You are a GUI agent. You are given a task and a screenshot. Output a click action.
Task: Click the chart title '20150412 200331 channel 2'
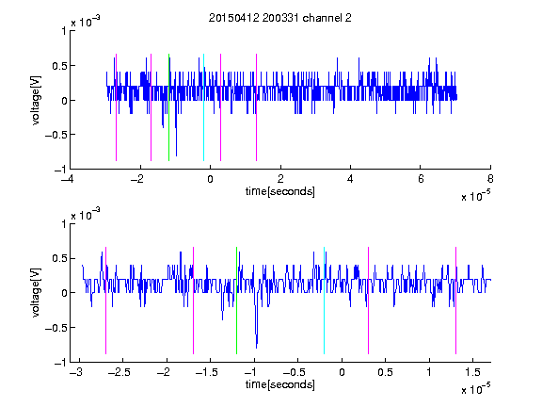(280, 18)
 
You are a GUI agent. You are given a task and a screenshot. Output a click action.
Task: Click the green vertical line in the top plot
(168, 107)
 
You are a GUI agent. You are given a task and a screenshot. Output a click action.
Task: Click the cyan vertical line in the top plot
(203, 107)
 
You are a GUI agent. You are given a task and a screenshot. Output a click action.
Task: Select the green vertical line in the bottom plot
(237, 301)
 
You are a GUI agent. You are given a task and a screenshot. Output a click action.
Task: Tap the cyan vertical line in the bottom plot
(325, 301)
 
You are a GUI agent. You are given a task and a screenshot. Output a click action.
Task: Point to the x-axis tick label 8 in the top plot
(490, 179)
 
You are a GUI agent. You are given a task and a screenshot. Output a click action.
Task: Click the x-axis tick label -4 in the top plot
(67, 179)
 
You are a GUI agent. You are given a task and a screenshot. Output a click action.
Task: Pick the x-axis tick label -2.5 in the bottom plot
(120, 372)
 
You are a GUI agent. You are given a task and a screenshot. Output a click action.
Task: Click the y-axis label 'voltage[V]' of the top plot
(36, 101)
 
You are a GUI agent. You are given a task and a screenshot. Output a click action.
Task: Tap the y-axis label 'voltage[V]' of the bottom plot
(36, 293)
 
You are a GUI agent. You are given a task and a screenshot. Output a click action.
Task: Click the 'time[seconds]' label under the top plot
(280, 191)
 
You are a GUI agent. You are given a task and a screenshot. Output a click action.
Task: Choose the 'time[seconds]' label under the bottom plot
(280, 384)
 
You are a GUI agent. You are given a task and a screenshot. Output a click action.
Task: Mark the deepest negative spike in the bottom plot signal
(256, 348)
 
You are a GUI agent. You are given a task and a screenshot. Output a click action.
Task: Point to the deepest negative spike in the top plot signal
(176, 155)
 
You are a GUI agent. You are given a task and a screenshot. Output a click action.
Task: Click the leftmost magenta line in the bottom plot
(105, 301)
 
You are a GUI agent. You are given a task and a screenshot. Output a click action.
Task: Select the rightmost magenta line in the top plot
(257, 107)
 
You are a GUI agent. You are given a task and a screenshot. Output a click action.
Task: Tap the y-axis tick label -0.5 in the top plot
(56, 135)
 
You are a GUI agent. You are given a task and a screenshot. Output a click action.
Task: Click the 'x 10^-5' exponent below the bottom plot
(475, 388)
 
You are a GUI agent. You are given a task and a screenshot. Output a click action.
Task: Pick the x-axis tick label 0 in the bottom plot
(342, 372)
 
